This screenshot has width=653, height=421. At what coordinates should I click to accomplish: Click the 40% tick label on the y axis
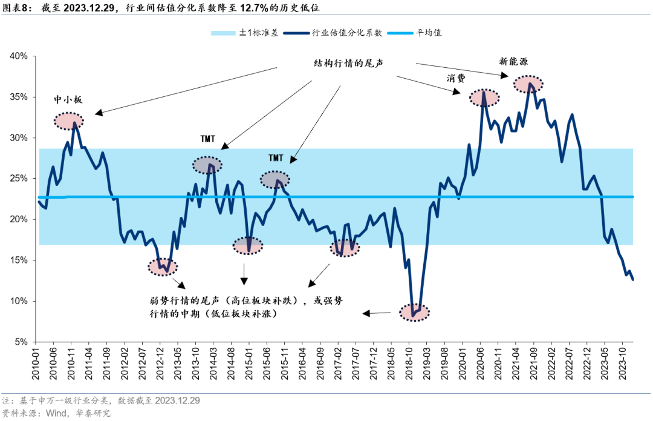pos(19,56)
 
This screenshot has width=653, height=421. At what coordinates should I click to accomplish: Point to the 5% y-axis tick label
pos(22,342)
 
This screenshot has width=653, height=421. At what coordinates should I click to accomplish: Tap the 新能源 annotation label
pos(513,61)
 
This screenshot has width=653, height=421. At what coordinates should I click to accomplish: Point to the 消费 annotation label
pos(456,78)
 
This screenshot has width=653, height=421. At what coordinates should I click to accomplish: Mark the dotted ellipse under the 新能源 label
pos(528,84)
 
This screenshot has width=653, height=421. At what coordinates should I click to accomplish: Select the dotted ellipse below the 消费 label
pos(485,97)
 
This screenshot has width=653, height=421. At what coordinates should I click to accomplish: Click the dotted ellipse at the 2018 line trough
pos(415,313)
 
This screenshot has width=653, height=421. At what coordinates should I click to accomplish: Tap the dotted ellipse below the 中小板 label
pos(68,121)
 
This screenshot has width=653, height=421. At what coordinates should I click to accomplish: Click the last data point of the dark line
pos(633,279)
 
